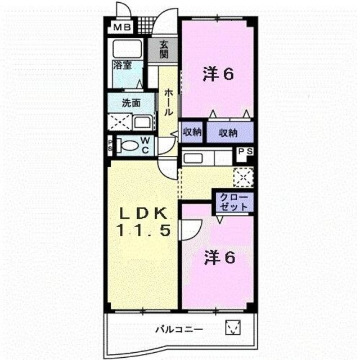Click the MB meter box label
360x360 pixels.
(123, 28)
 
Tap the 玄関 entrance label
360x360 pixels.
(164, 49)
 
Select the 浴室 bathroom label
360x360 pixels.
(123, 66)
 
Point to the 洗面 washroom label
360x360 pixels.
(131, 103)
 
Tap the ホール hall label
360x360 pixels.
(168, 102)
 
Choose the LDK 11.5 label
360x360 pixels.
(144, 222)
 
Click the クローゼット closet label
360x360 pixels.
(234, 202)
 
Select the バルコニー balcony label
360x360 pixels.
(179, 330)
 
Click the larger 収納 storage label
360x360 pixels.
(228, 133)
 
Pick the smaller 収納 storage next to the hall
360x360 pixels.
(192, 132)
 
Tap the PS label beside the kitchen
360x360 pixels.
(245, 151)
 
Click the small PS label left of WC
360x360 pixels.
(110, 145)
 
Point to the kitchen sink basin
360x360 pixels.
(193, 158)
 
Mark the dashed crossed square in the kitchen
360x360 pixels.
(244, 177)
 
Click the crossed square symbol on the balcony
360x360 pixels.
(232, 327)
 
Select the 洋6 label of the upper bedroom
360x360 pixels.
(218, 74)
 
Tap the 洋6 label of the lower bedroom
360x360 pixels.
(220, 257)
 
